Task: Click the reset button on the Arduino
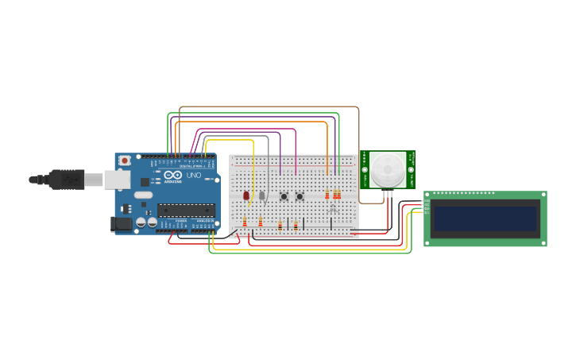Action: (x=124, y=161)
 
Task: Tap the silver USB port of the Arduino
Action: (x=117, y=180)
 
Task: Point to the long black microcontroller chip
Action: (x=186, y=210)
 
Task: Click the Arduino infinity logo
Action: (x=172, y=175)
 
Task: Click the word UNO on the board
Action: (x=193, y=175)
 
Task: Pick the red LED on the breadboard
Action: (x=246, y=195)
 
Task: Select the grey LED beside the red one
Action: (x=261, y=195)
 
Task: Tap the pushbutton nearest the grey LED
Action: (x=284, y=196)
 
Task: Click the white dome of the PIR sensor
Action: (x=388, y=168)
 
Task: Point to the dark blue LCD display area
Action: (x=485, y=219)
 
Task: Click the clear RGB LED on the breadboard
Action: (x=333, y=209)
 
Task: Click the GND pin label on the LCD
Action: (x=426, y=201)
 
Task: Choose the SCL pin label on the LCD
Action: (x=426, y=212)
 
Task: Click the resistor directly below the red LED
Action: (x=245, y=223)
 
